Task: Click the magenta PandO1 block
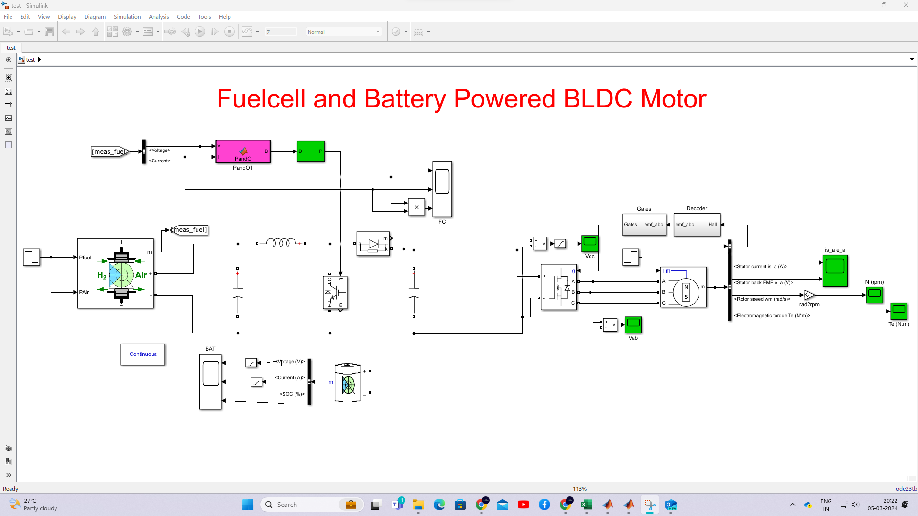click(243, 151)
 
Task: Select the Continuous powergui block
click(143, 355)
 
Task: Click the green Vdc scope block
click(590, 243)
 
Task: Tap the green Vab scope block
click(633, 325)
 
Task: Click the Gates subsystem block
click(644, 225)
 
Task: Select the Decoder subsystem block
click(696, 225)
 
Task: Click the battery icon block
click(348, 383)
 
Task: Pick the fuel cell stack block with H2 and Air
click(116, 274)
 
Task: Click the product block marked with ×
click(416, 207)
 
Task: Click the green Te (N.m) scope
click(898, 311)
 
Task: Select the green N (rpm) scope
click(874, 295)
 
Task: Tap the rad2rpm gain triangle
click(809, 295)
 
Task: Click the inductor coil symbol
click(281, 243)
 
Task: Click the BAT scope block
click(210, 381)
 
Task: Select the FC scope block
click(442, 189)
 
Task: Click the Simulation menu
click(127, 17)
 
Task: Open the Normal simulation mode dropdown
click(343, 32)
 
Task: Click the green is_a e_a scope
click(835, 270)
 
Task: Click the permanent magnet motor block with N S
click(684, 287)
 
